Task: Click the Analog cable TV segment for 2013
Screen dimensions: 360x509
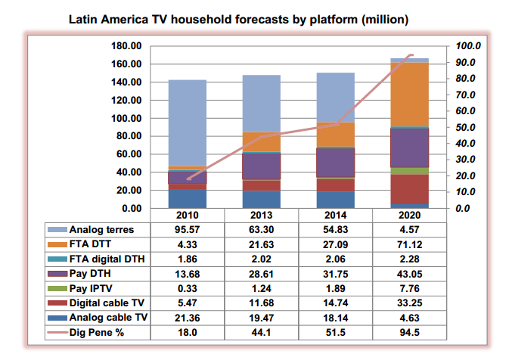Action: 261,199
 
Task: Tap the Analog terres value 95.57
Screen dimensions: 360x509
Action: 187,229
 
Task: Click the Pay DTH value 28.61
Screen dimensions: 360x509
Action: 261,273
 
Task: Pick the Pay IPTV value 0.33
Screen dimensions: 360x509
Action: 187,287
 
